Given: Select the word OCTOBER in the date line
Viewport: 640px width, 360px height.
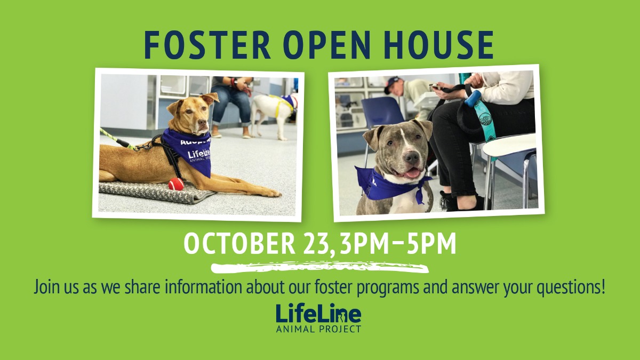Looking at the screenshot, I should click(239, 244).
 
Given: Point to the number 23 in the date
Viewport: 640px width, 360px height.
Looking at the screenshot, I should click(315, 244).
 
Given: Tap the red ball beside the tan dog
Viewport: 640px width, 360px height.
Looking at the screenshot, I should click(175, 184).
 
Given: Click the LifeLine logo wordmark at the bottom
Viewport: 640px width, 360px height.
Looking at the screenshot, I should click(318, 314).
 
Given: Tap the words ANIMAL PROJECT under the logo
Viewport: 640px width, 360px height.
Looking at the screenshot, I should click(318, 329).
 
